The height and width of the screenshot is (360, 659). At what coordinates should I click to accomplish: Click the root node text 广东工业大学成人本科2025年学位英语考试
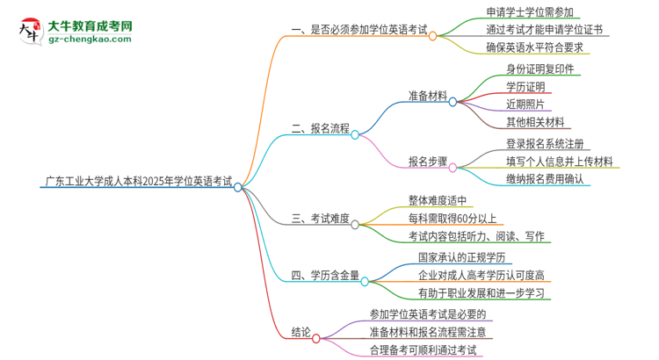click(138, 184)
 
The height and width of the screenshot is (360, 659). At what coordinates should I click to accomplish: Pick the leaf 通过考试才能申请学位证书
click(544, 30)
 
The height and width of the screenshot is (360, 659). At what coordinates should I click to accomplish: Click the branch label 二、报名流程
click(320, 128)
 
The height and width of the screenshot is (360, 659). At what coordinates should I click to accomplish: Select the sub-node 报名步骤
click(427, 162)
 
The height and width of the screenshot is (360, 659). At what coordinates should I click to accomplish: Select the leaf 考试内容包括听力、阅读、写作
click(475, 236)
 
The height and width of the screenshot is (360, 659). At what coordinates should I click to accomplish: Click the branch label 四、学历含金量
click(325, 276)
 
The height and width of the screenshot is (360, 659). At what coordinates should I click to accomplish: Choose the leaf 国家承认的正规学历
click(451, 258)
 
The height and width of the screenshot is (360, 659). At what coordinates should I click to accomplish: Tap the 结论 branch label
click(301, 332)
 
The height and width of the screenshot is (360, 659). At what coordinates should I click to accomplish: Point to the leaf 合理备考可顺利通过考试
click(423, 349)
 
